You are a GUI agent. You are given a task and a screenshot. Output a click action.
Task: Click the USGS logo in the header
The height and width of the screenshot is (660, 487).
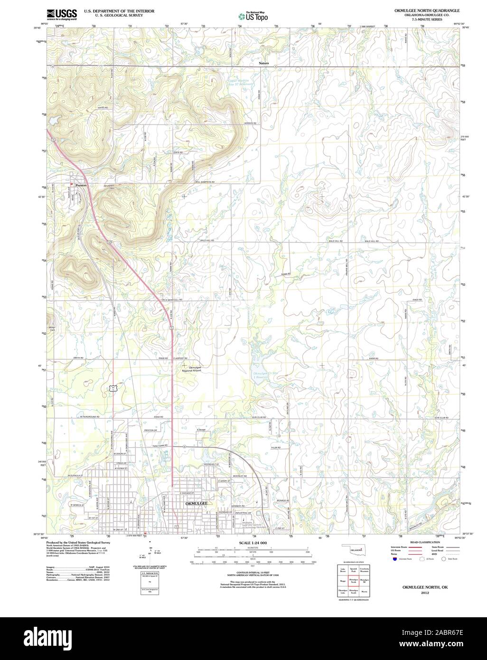coord(62,14)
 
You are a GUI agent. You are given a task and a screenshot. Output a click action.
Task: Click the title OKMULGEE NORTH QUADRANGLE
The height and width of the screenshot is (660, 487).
coord(419,10)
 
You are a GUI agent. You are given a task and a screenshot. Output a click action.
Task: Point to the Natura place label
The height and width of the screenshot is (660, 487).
coord(264,63)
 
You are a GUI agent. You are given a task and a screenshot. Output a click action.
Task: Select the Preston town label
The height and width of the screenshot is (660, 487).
coord(81,185)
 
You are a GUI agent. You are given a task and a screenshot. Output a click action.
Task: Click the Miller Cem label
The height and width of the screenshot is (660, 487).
coord(53,329)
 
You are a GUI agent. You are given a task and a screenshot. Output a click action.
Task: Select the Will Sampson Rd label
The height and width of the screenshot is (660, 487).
coord(205,182)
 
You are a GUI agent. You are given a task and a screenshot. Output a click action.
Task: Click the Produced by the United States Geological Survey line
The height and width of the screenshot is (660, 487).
coord(78,542)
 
